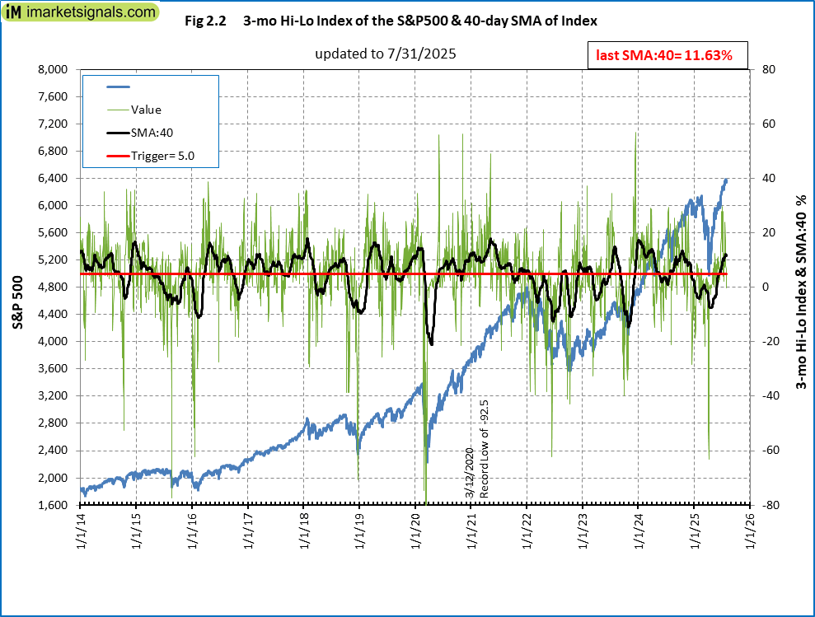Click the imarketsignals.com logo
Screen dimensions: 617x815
coord(80,13)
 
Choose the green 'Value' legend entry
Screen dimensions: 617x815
coord(146,109)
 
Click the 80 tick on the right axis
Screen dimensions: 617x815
coord(766,70)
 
